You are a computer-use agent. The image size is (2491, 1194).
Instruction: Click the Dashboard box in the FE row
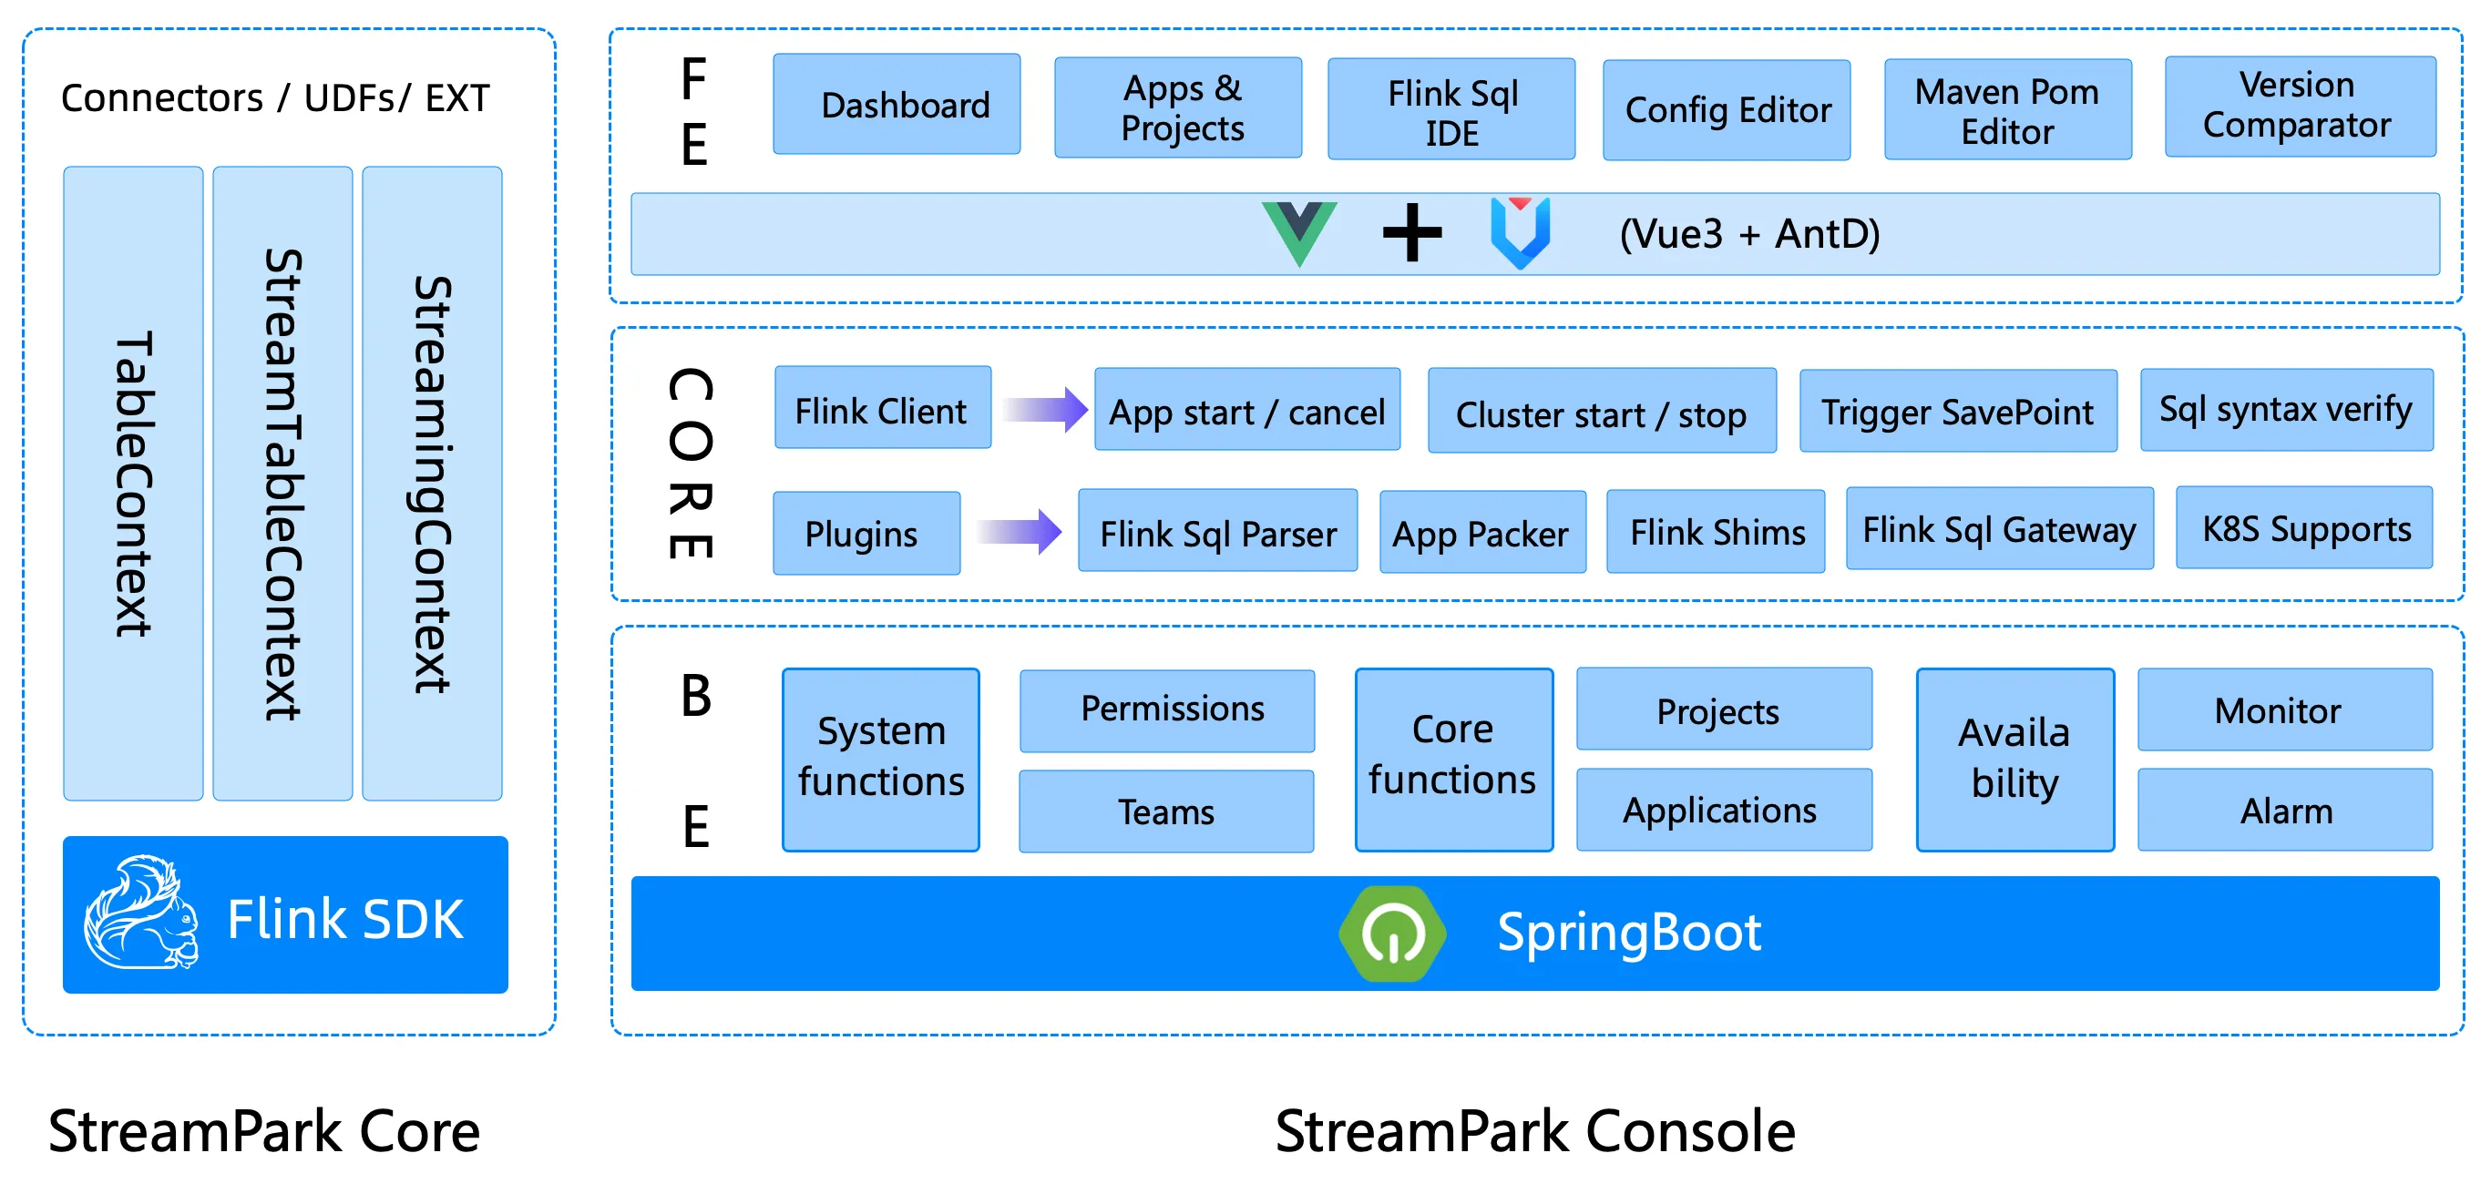[x=897, y=105]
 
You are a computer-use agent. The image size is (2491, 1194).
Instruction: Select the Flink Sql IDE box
[x=1451, y=109]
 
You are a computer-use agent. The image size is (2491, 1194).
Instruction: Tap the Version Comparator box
[x=2300, y=107]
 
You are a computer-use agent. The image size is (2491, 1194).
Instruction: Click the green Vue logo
[x=1298, y=232]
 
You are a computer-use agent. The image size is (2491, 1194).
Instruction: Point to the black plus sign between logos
[x=1412, y=232]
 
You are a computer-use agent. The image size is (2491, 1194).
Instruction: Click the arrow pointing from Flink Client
[x=1044, y=410]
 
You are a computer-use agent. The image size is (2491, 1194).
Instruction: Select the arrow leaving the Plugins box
[x=1020, y=532]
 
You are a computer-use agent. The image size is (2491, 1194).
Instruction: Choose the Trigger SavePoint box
[x=1957, y=412]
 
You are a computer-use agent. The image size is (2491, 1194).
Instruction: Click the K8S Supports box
[x=2304, y=529]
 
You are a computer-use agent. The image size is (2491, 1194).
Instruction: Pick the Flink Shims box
[x=1716, y=532]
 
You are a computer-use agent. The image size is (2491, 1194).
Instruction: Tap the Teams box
[x=1166, y=811]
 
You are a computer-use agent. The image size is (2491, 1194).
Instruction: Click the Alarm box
[x=2284, y=811]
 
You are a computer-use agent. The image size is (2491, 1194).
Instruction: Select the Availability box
[x=2014, y=760]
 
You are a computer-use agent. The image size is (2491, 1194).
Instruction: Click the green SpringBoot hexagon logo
[x=1391, y=933]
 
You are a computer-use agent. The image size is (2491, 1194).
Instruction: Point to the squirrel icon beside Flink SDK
[x=141, y=913]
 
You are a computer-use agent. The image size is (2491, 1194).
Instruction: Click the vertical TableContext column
[x=133, y=484]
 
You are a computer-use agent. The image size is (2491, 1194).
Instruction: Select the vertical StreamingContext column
[x=431, y=484]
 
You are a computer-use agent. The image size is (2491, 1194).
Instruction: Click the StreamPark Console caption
[x=1534, y=1131]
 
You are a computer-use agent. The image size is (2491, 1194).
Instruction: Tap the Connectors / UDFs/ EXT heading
[x=275, y=97]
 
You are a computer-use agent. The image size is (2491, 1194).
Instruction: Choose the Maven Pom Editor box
[x=2007, y=110]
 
